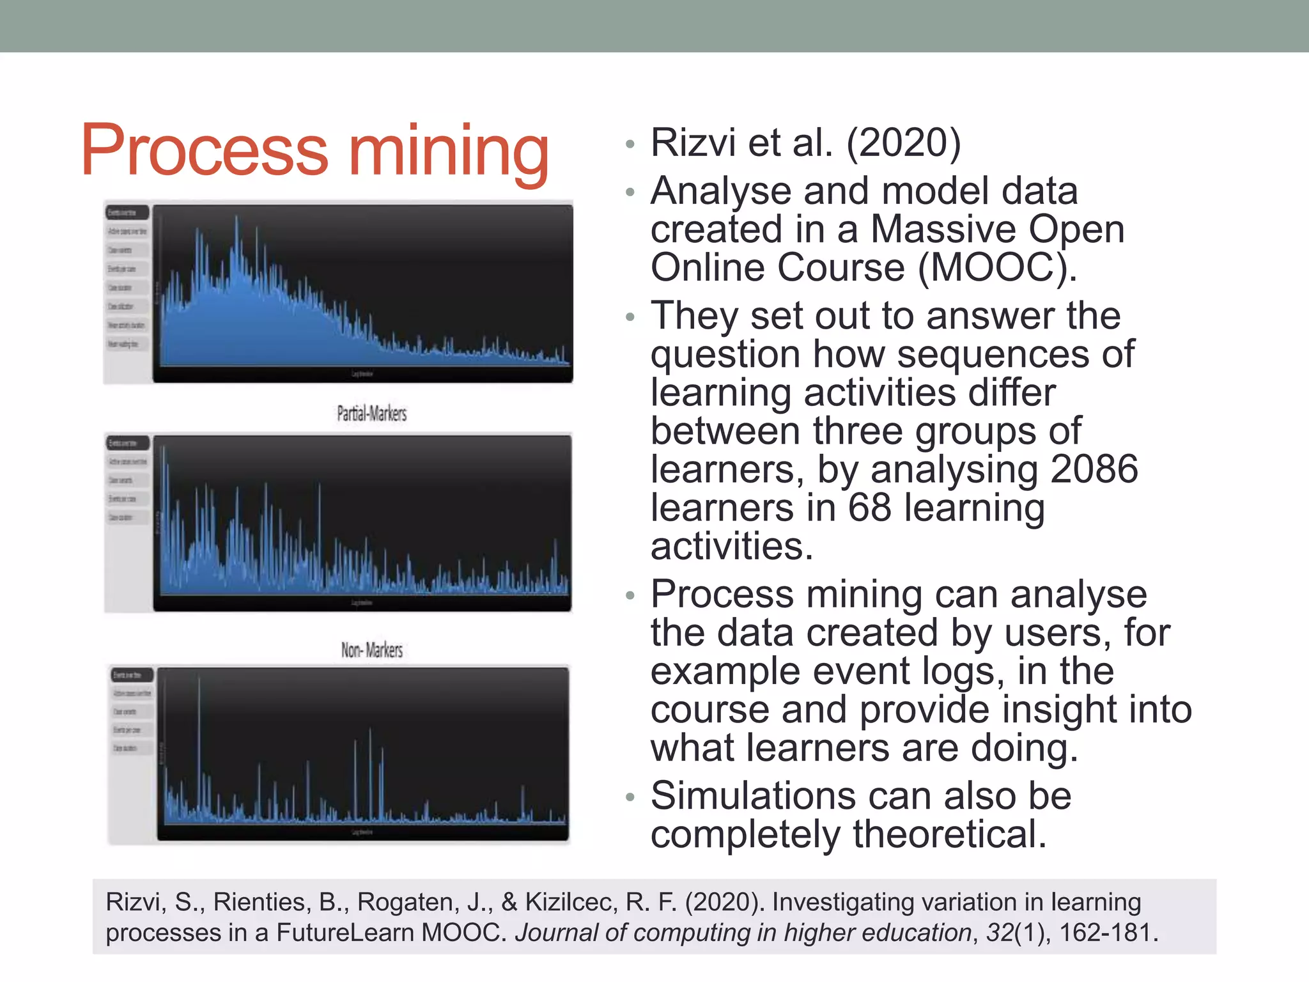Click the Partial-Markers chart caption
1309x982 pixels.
[x=371, y=414]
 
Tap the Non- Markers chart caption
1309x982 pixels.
[x=371, y=650]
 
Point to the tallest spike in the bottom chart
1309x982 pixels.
[x=199, y=679]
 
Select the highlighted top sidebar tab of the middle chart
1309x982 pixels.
[x=128, y=442]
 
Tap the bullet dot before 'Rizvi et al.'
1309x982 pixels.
[x=630, y=144]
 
